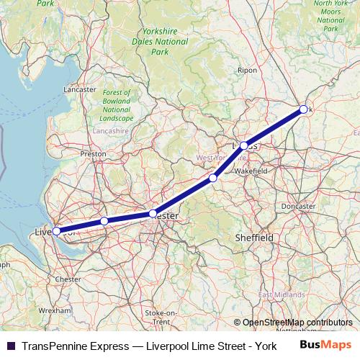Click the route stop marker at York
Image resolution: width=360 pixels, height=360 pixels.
click(303, 109)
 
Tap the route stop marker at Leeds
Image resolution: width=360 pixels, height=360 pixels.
click(244, 145)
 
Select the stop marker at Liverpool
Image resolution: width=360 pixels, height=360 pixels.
click(57, 231)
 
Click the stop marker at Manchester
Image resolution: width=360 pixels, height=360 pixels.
click(153, 213)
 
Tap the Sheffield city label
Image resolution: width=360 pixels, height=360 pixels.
click(254, 237)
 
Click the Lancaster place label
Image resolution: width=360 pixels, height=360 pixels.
click(80, 89)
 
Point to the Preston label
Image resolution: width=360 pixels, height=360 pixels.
click(94, 153)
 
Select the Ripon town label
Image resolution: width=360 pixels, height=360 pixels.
click(247, 71)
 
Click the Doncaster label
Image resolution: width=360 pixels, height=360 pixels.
click(298, 206)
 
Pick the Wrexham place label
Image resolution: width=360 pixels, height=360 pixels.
click(55, 310)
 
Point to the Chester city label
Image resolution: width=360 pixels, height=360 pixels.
click(68, 279)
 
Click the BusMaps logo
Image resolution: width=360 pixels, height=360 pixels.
click(324, 345)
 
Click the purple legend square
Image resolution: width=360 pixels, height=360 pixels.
click(10, 346)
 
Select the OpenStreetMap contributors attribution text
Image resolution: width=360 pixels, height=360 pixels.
click(297, 323)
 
